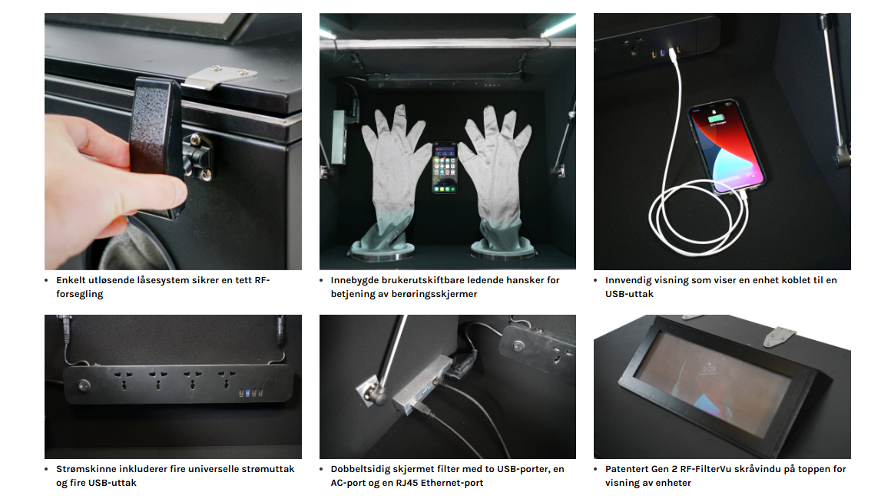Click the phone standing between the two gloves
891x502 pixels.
pos(445,167)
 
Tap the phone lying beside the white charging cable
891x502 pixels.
pos(726,147)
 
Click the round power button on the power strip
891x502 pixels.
pos(84,385)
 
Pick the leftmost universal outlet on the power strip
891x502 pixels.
pos(123,381)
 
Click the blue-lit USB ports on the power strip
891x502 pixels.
pos(250,392)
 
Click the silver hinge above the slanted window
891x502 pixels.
pos(779,335)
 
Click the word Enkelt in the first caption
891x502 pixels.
pos(71,280)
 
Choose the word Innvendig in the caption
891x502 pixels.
pos(628,280)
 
